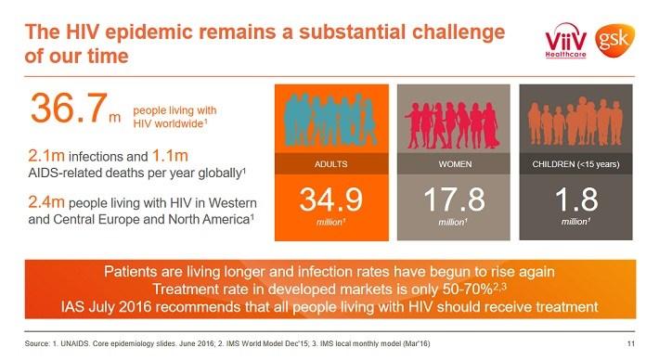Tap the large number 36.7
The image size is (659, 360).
click(70, 108)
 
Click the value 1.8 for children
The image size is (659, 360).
click(575, 202)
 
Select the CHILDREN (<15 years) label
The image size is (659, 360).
click(575, 164)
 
